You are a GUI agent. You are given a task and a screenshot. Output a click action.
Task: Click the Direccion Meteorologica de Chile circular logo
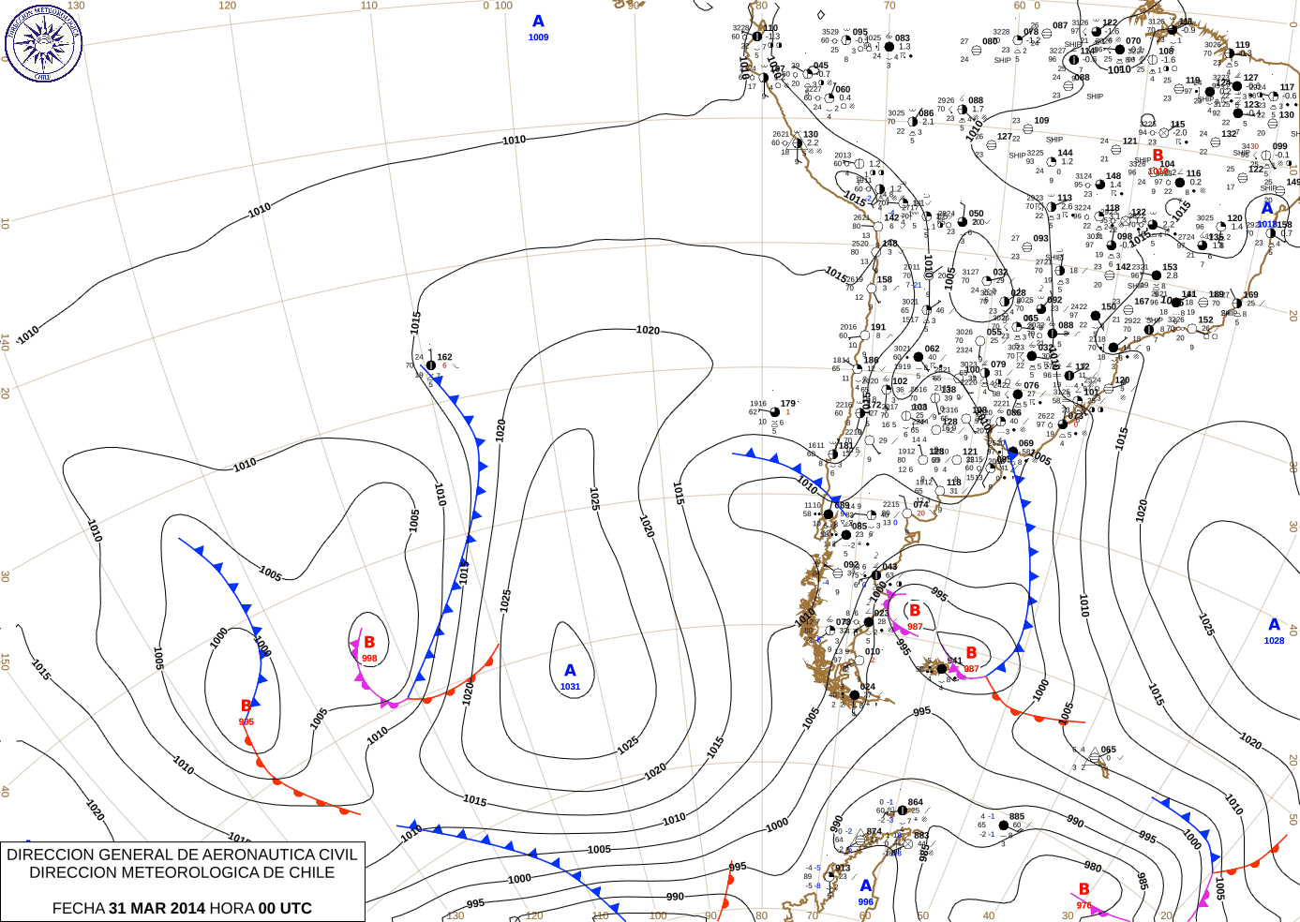click(43, 42)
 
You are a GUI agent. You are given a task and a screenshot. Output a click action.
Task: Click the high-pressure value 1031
click(570, 687)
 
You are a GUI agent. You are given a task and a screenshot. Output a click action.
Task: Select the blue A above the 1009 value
click(538, 22)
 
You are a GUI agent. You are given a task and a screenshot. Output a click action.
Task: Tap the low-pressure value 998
click(369, 659)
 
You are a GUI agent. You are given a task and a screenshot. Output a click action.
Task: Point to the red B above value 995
click(247, 706)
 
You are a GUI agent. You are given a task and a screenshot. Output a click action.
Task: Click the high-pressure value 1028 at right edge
click(1274, 641)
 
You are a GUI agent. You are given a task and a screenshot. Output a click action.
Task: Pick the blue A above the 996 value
click(865, 885)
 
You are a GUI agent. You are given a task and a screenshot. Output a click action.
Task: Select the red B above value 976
click(1084, 889)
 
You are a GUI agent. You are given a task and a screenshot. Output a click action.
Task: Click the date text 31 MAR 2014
click(157, 908)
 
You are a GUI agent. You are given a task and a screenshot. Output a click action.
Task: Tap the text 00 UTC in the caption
click(285, 908)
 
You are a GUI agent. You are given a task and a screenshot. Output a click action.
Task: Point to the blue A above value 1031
click(570, 671)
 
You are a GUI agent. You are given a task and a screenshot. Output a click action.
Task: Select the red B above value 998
click(369, 643)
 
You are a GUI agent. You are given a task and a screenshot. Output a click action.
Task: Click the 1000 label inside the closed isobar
click(219, 638)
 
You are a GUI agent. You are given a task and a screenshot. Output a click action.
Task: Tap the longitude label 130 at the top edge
click(76, 6)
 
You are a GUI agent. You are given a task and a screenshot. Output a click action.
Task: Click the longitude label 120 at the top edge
click(228, 6)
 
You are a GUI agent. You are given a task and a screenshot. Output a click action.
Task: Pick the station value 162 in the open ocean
click(444, 357)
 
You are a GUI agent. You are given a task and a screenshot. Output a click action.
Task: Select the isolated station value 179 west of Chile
click(788, 404)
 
